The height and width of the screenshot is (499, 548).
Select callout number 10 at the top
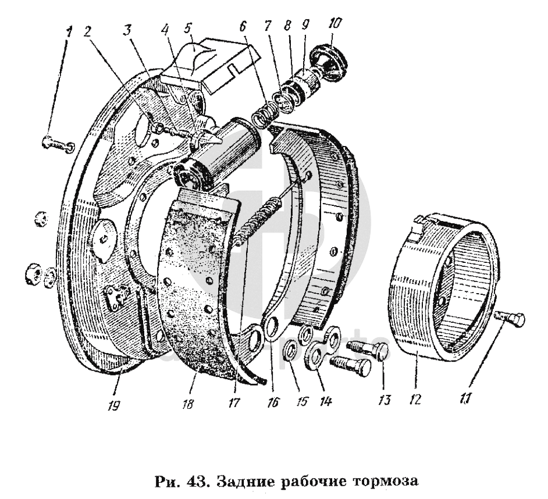coord(336,23)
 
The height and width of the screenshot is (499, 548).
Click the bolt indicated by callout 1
coord(55,143)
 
